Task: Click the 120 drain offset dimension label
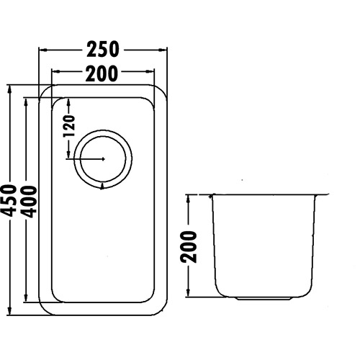coord(70,125)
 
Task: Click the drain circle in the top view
coord(104,158)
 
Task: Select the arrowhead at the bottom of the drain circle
coord(104,185)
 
